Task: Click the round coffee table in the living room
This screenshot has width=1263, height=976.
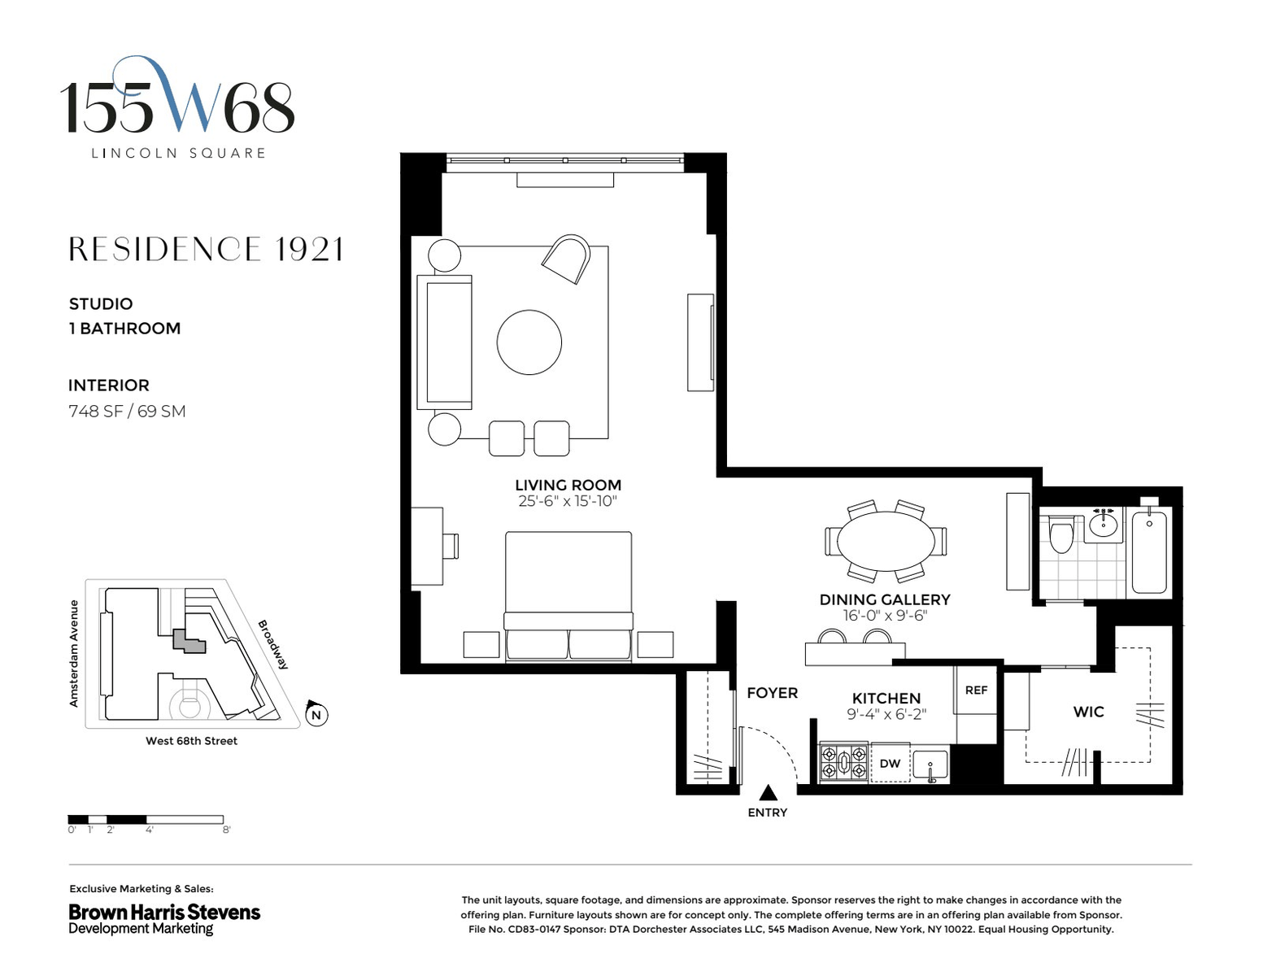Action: (x=529, y=342)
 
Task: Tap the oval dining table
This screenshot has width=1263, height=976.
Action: (x=885, y=541)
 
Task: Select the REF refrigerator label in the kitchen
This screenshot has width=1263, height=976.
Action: (x=976, y=690)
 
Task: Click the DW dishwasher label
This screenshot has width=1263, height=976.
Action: (x=890, y=763)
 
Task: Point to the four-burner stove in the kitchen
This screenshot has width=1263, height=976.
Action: (x=843, y=762)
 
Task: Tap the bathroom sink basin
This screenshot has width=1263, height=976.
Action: (x=1103, y=526)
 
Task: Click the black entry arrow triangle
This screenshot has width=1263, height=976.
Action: (x=768, y=792)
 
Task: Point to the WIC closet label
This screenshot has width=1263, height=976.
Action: (x=1088, y=712)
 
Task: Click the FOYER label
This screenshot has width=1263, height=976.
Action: (x=772, y=693)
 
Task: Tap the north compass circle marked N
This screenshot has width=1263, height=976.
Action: (x=316, y=714)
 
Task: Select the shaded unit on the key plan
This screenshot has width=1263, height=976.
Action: (x=189, y=641)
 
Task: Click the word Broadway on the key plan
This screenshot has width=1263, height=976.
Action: (x=273, y=644)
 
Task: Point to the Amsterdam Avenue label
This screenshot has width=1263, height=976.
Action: (x=74, y=653)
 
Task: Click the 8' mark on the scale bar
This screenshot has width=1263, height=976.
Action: (x=226, y=830)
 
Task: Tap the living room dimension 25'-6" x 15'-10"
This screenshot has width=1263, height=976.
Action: (x=568, y=501)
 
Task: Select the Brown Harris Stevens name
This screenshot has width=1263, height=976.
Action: (x=164, y=912)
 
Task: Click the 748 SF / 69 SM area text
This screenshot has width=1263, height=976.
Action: (x=127, y=411)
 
